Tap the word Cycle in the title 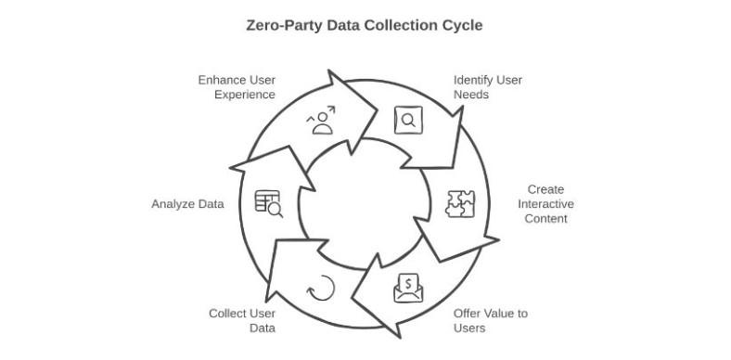(x=461, y=25)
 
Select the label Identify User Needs (x=487, y=87)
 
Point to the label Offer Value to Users (x=490, y=320)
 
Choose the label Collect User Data (x=242, y=320)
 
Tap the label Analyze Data (x=187, y=204)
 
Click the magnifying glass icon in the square (x=408, y=120)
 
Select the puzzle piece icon (x=460, y=204)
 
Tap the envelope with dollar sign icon (x=408, y=289)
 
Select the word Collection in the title (x=399, y=25)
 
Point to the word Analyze (x=172, y=204)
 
